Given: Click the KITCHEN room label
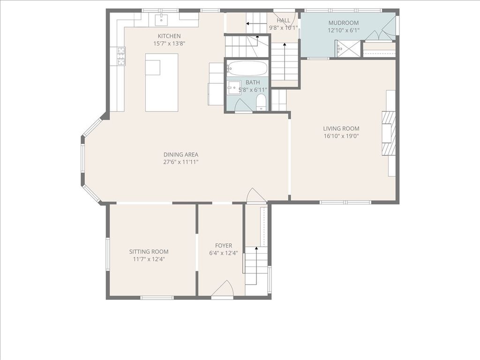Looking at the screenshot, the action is click(169, 36).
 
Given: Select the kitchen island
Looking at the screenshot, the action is click(162, 82).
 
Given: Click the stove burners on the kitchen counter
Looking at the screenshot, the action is click(121, 56).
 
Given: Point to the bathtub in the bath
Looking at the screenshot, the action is click(247, 68).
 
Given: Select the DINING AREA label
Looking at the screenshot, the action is click(180, 155).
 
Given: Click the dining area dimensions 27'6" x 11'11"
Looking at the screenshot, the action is click(180, 162).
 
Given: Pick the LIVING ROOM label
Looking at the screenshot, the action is click(341, 128).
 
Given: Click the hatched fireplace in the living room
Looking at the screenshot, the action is click(388, 133).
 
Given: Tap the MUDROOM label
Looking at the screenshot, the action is click(344, 23).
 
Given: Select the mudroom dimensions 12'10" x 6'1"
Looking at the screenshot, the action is click(344, 30).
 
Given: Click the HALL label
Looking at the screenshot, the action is click(283, 21).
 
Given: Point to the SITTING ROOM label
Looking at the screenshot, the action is click(149, 252).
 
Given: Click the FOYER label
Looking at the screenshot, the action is click(224, 246).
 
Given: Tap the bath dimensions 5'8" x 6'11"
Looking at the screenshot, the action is click(253, 90).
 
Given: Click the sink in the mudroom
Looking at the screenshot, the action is click(339, 48).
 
